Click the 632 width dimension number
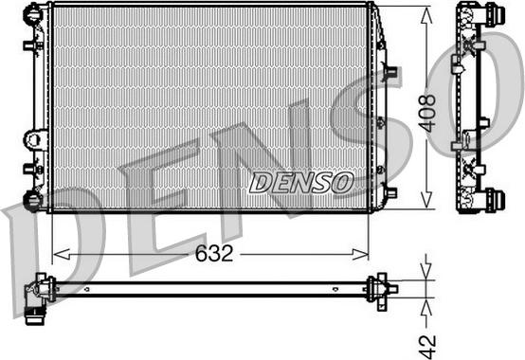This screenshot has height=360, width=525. [x=214, y=253]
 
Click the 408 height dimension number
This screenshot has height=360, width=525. [x=427, y=113]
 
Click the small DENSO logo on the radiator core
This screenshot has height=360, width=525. [x=301, y=183]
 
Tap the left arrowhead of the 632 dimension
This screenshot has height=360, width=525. [x=62, y=254]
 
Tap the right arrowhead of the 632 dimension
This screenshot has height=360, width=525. [x=360, y=254]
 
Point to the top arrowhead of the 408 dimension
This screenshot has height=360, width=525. [x=426, y=15]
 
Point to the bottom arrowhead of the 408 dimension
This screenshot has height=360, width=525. [x=426, y=200]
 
